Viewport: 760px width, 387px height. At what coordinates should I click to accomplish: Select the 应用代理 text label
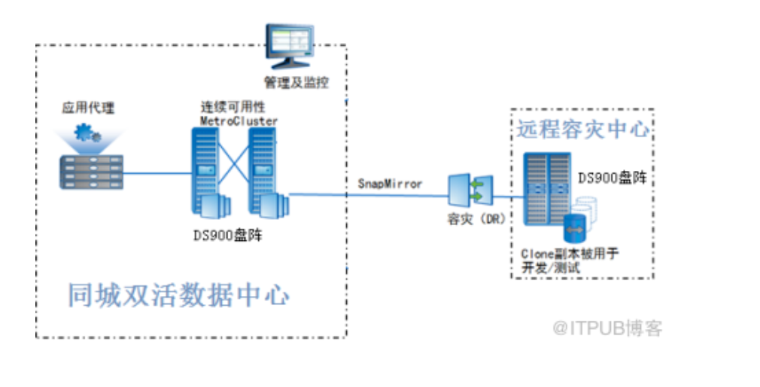88,108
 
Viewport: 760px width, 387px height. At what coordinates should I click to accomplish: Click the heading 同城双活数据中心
178,294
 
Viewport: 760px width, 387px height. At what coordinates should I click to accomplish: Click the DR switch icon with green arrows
470,191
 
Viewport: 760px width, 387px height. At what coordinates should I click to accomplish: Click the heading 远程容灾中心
582,129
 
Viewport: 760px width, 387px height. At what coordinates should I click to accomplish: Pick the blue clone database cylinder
574,227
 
